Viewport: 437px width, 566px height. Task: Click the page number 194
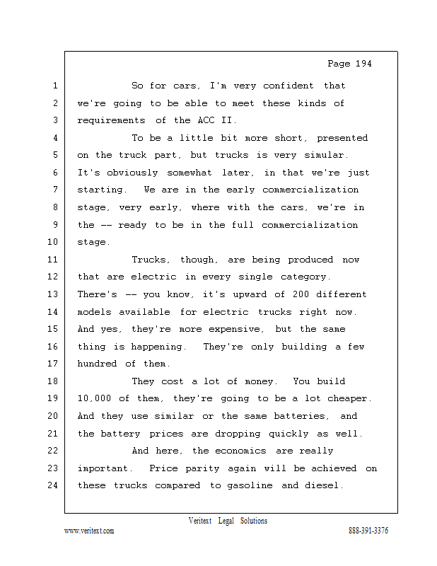tap(363, 64)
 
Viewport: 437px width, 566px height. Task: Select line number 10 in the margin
tap(53, 242)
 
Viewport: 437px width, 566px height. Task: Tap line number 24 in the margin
tap(53, 485)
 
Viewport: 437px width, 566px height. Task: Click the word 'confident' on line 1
tap(289, 86)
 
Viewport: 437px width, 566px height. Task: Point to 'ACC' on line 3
tap(206, 120)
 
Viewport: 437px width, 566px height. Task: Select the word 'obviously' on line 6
tap(132, 173)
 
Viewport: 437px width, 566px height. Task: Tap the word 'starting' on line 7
tap(100, 190)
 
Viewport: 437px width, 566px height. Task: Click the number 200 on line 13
tap(301, 294)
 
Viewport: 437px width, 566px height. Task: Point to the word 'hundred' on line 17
tap(97, 364)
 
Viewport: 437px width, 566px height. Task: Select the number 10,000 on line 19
tap(94, 398)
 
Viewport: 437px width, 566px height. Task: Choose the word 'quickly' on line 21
tap(289, 434)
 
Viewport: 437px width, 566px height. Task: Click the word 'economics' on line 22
tap(240, 451)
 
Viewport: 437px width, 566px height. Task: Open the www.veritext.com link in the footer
tap(89, 531)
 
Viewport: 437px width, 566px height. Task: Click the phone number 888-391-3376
tap(368, 531)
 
